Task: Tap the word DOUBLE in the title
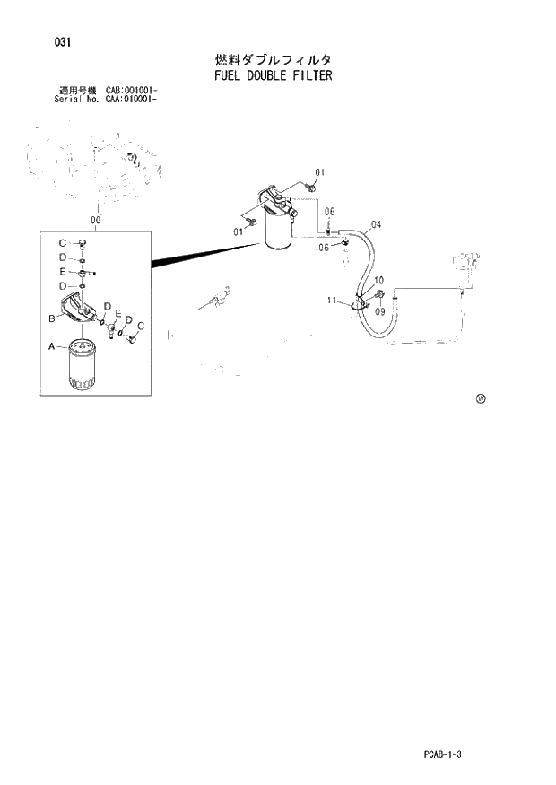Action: tap(261, 75)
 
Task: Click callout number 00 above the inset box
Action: tap(96, 219)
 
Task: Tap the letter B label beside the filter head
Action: tap(52, 318)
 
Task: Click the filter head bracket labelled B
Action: tap(80, 310)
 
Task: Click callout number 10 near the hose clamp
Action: tap(379, 280)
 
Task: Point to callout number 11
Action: tap(332, 300)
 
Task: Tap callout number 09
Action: tap(379, 312)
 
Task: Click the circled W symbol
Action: tap(481, 399)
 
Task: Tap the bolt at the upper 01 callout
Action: tap(308, 187)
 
